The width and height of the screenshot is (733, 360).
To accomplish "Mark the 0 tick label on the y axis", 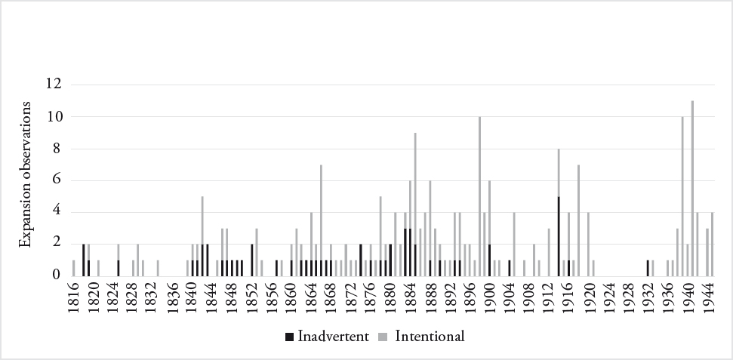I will click(x=57, y=275).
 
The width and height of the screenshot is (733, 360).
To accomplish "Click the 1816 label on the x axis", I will click(x=74, y=297).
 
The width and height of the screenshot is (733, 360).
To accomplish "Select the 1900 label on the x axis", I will click(x=489, y=297).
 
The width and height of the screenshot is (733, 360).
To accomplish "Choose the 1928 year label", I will click(x=628, y=297).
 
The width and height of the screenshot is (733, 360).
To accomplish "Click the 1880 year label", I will click(x=390, y=297).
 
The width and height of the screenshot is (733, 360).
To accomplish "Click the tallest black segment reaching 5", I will click(x=559, y=235).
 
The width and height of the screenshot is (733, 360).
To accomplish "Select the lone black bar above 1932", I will click(x=648, y=267).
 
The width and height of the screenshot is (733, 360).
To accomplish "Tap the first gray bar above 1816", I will click(x=73, y=267).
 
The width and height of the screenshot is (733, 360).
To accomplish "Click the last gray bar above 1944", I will click(x=712, y=243).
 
